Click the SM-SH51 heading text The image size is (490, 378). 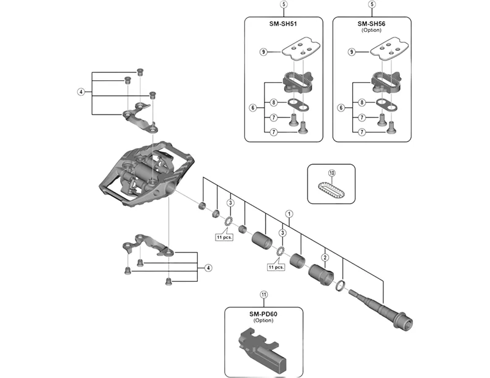tap(284, 24)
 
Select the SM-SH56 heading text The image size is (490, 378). tap(371, 24)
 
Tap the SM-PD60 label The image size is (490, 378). tap(263, 314)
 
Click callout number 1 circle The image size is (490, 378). tap(290, 215)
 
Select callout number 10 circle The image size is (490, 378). tap(331, 173)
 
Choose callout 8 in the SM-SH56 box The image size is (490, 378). tap(363, 103)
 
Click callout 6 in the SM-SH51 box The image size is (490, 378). tap(252, 107)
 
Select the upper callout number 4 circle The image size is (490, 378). tap(80, 93)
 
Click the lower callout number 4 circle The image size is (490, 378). tap(208, 268)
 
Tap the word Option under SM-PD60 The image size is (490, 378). tap(263, 322)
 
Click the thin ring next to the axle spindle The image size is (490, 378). tap(341, 285)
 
